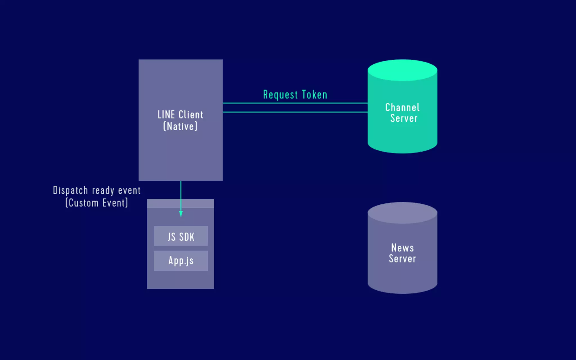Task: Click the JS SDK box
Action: point(181,236)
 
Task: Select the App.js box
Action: point(181,261)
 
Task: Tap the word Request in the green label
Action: point(280,95)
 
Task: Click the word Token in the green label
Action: point(314,95)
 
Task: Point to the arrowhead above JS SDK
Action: point(181,214)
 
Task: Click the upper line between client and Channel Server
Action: point(295,103)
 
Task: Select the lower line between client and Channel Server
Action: point(295,112)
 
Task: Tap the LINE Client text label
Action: point(180,115)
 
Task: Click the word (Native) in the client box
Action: point(180,126)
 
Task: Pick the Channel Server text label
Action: point(402,113)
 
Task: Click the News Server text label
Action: point(402,253)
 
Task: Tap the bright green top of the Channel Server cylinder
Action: point(402,70)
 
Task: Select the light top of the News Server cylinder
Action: point(402,213)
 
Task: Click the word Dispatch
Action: point(70,191)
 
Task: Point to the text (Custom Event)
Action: point(96,203)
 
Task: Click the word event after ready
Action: point(129,191)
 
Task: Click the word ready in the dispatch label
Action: point(103,191)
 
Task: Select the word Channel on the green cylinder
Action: point(402,107)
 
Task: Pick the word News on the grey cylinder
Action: point(402,248)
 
